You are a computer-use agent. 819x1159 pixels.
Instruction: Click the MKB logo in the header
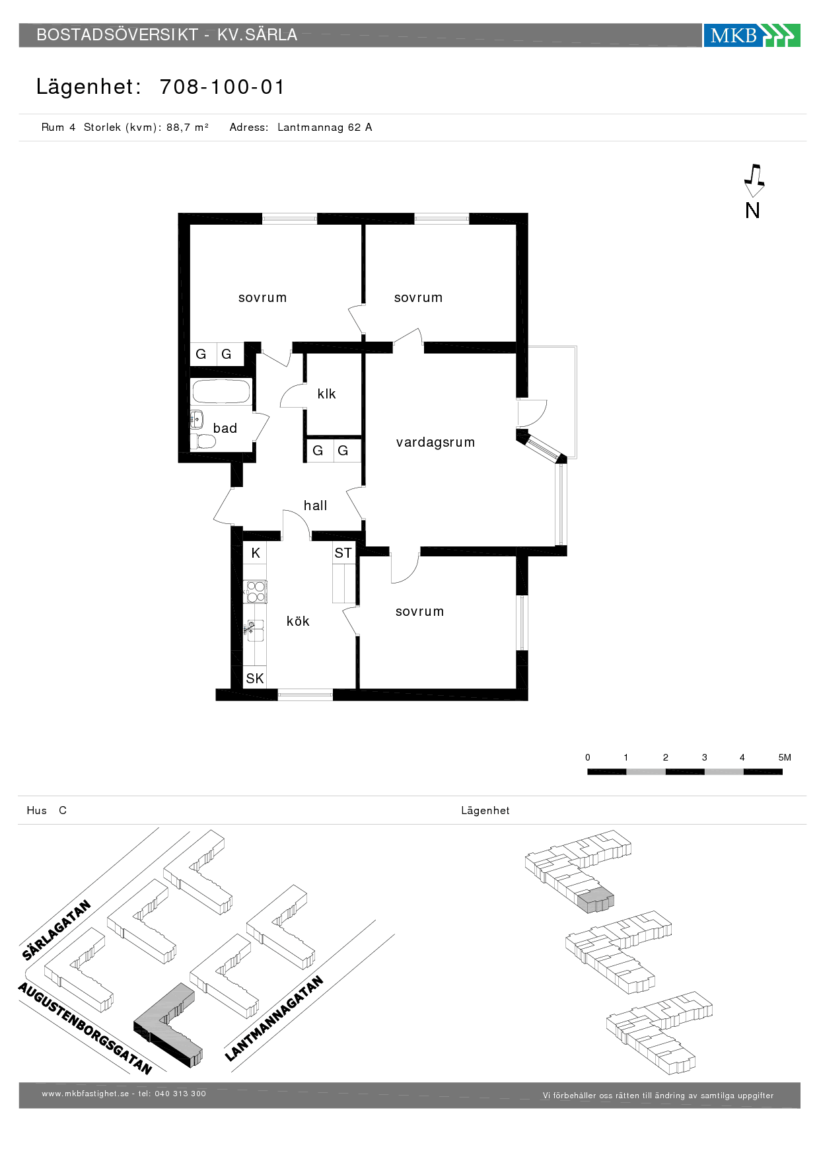click(x=752, y=35)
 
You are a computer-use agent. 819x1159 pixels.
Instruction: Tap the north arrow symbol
click(x=754, y=180)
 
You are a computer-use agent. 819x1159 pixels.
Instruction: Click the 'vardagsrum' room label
click(x=435, y=443)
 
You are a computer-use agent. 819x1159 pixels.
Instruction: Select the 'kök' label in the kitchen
click(x=298, y=621)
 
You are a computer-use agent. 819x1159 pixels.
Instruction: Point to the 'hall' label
click(x=315, y=505)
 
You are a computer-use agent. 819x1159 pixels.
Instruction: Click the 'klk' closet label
click(x=326, y=394)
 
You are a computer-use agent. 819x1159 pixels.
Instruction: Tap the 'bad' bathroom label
click(x=225, y=428)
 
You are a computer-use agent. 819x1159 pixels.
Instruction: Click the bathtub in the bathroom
click(x=221, y=391)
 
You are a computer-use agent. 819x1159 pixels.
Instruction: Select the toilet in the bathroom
click(x=203, y=441)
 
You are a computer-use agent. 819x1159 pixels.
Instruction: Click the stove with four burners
click(x=255, y=591)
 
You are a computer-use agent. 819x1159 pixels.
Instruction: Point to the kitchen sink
click(x=255, y=630)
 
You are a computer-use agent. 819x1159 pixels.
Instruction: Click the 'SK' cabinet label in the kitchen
click(x=254, y=679)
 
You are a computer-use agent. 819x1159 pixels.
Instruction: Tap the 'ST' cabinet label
click(x=343, y=553)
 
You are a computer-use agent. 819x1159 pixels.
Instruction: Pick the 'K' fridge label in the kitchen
click(x=256, y=553)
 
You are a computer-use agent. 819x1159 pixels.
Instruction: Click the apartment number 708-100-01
click(x=222, y=87)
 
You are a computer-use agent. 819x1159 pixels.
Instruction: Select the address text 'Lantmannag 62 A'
click(x=324, y=128)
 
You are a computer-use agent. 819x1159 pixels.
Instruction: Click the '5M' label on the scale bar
click(x=785, y=758)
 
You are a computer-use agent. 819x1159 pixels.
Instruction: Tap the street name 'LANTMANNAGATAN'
click(x=274, y=1018)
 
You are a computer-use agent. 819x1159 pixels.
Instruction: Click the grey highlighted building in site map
click(x=168, y=1025)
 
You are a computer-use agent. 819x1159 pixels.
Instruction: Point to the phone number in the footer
click(x=180, y=1094)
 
